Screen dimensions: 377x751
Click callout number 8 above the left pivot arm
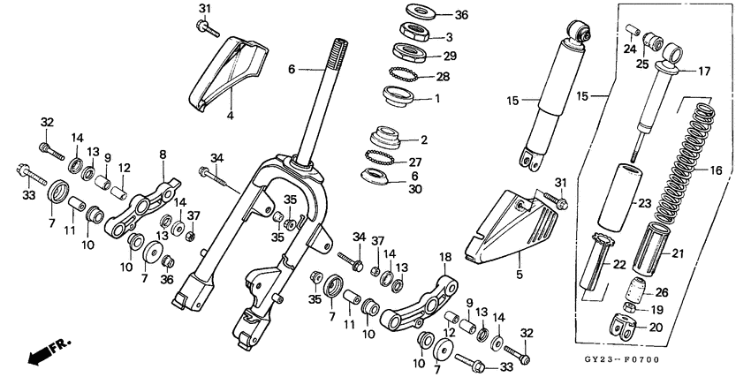coord(163,155)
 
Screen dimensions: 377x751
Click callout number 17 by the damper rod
coord(705,71)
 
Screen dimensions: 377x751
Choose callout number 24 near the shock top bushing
coord(629,49)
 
